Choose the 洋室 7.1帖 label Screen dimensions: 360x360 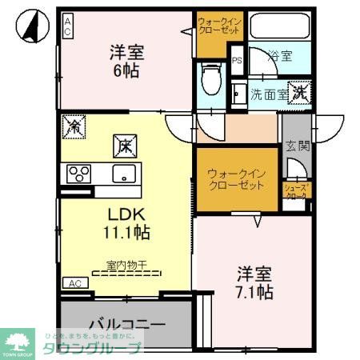[253, 282]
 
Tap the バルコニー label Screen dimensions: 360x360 [126, 325]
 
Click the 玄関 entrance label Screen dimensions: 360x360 [296, 146]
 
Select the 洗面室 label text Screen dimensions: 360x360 [267, 93]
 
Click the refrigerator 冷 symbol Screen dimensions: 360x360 [74, 126]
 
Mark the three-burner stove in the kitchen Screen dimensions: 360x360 [80, 173]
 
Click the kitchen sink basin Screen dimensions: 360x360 [125, 174]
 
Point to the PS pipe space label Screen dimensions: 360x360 [237, 60]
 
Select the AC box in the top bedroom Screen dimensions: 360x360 [68, 25]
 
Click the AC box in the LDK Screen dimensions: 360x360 [74, 283]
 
